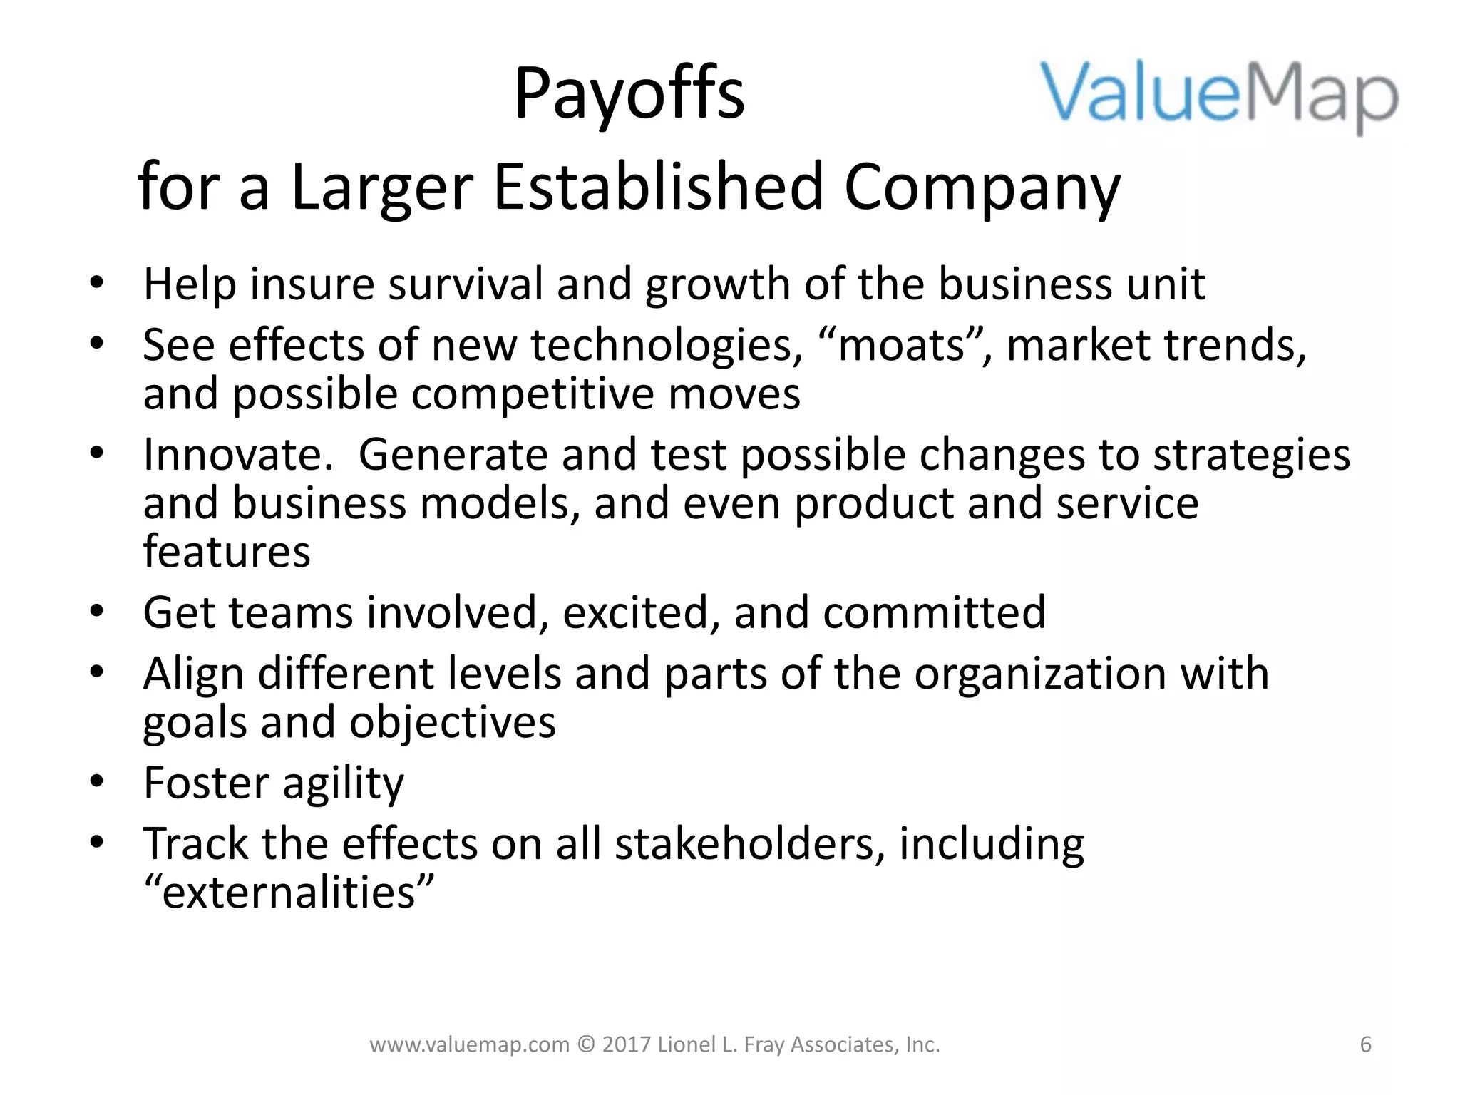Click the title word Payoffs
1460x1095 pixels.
pos(629,95)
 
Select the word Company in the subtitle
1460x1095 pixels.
pos(982,188)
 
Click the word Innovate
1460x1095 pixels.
pos(238,454)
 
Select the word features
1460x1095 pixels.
pos(227,552)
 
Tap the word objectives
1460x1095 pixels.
pos(453,722)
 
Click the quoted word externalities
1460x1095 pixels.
pos(289,893)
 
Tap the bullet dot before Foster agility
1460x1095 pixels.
pos(97,781)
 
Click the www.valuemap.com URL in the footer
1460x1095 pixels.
pos(470,1044)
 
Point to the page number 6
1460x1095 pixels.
pos(1365,1044)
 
